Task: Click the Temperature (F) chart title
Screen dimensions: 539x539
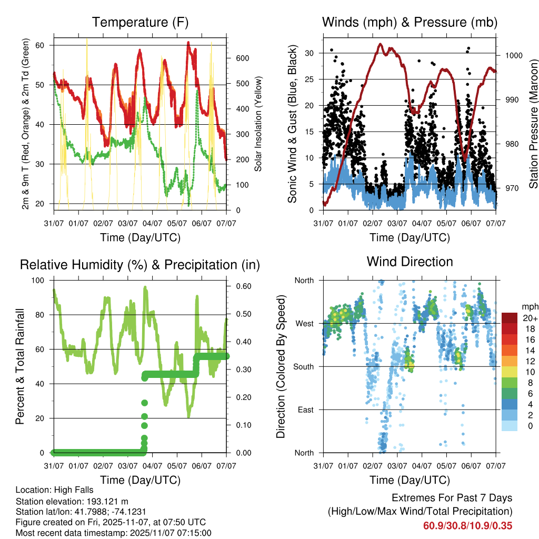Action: click(x=139, y=22)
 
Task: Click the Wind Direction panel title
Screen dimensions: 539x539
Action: click(x=410, y=261)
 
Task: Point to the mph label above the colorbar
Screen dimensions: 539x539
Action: click(x=529, y=306)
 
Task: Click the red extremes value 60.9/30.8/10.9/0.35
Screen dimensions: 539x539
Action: click(x=468, y=526)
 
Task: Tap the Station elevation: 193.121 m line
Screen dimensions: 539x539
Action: click(x=72, y=501)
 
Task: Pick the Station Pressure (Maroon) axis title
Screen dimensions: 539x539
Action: click(x=533, y=124)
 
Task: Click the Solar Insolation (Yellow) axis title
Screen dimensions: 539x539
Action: click(x=258, y=124)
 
